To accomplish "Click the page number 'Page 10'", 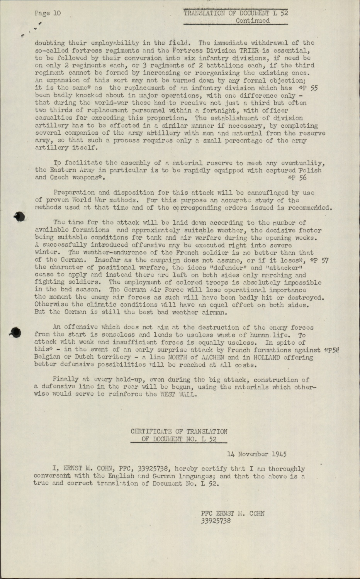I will click(48, 13).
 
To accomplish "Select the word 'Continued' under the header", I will click(253, 21).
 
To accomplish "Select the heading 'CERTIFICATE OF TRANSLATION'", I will click(179, 432).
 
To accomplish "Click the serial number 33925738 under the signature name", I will click(216, 521).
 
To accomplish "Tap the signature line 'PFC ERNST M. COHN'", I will click(233, 513).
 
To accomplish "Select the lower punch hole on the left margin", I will click(15, 332).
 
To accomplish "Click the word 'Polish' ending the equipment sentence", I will click(310, 170).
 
